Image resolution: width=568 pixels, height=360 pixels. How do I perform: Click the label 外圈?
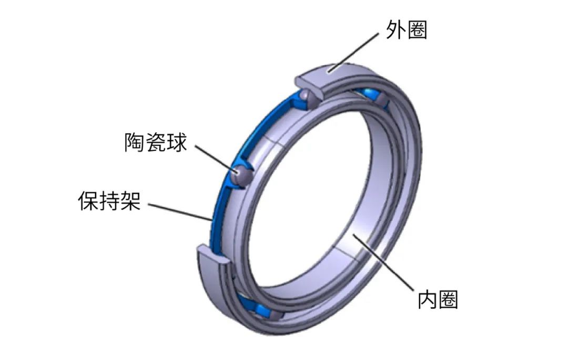point(406,29)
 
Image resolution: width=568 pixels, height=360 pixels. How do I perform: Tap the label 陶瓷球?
point(156,143)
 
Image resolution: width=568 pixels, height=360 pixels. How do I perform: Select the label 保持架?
point(109,201)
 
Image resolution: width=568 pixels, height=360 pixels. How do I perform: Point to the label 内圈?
point(438,299)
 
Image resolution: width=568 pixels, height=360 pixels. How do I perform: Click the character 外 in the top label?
point(395,29)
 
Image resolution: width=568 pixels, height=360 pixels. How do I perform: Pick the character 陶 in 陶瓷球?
point(135,143)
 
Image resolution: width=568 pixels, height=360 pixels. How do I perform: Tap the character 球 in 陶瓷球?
point(177,143)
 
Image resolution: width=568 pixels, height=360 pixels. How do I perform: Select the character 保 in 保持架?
point(88,201)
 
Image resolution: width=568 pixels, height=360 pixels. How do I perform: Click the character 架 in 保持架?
point(131,201)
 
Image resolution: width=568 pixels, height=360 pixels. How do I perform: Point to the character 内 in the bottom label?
point(428,299)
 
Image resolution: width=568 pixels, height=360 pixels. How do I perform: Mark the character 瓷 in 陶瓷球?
point(156,143)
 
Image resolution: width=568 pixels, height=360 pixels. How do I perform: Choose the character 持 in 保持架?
point(109,201)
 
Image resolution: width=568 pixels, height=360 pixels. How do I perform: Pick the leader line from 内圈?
point(383,263)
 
